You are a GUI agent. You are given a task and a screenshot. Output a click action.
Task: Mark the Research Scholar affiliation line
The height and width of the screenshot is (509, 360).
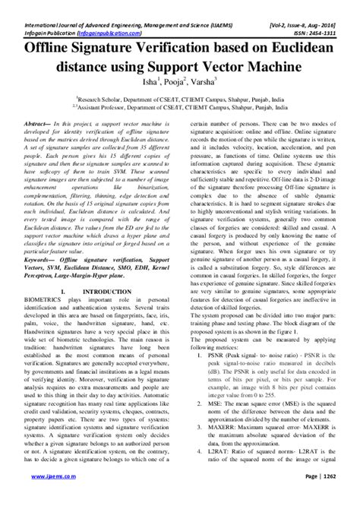[180, 98]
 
